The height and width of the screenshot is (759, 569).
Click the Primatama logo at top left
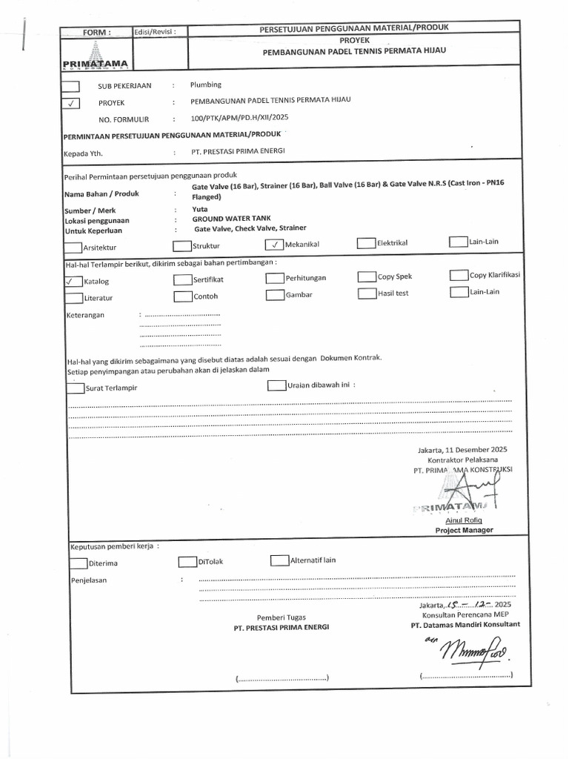(96, 56)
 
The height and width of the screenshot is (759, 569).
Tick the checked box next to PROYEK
(73, 104)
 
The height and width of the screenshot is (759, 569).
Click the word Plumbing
(206, 85)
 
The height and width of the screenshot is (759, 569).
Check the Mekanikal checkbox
(274, 244)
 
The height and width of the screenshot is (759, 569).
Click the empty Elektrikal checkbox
(366, 242)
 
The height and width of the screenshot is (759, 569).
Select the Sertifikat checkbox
(182, 279)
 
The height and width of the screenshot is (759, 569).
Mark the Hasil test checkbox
(367, 293)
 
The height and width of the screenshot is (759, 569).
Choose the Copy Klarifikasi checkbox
(459, 275)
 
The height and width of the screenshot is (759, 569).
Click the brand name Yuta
(200, 210)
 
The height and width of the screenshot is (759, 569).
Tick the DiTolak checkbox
(187, 561)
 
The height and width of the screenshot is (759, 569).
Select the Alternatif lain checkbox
(279, 560)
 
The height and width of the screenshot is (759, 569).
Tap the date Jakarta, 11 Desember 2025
(463, 450)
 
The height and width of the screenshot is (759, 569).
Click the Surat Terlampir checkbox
(75, 388)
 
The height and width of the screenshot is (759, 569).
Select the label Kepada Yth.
(84, 154)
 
